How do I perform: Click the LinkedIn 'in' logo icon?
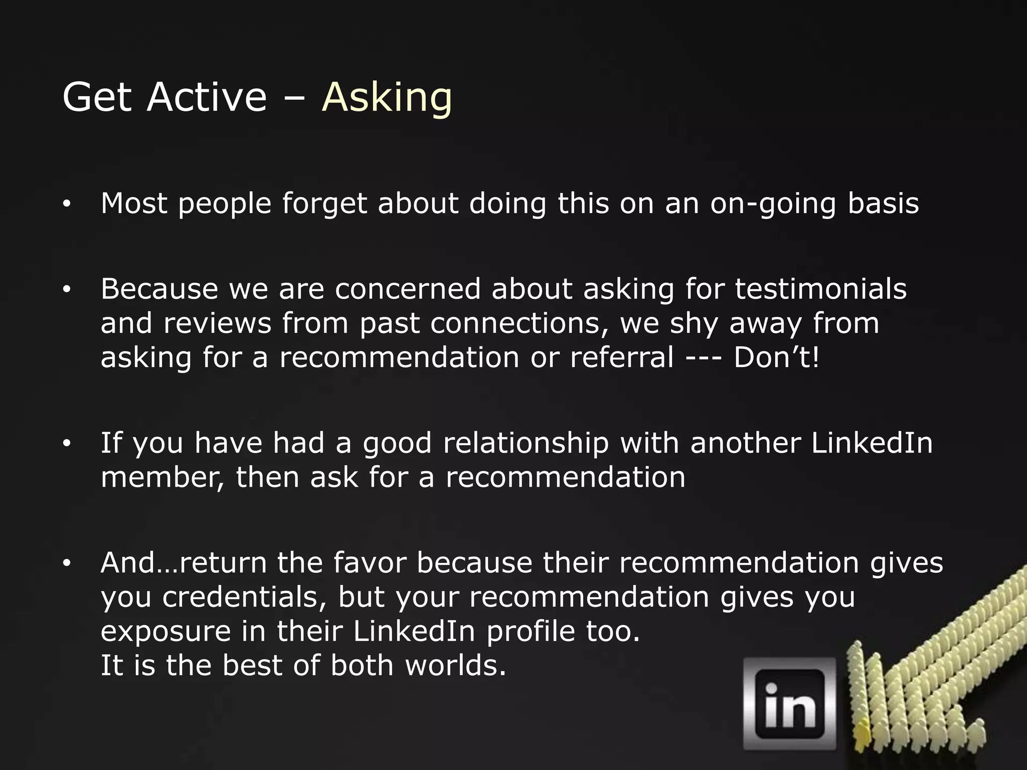coord(789,703)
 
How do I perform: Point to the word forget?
coord(324,204)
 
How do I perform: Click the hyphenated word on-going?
coord(773,204)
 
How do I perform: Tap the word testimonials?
coord(821,289)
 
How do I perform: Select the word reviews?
coord(217,323)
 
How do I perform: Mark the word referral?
coord(622,357)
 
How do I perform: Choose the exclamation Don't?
coord(776,357)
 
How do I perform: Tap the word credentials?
coord(244,597)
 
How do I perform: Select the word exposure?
coord(165,632)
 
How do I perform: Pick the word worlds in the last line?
coord(455,665)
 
